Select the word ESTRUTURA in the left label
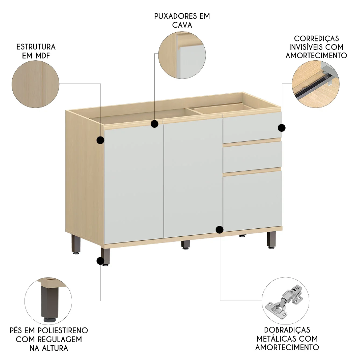point(36,47)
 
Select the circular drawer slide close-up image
point(316,84)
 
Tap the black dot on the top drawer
point(282,128)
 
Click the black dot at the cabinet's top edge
point(155,124)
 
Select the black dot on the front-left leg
point(100,260)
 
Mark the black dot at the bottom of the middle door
point(220,229)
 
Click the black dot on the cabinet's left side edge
point(100,140)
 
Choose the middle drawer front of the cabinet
point(252,156)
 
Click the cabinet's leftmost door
point(134,183)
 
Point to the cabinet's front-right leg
point(271,240)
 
